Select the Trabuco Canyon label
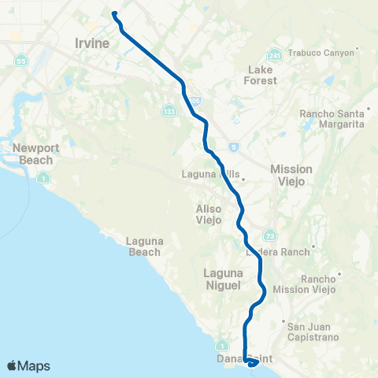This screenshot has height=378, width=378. coord(325,53)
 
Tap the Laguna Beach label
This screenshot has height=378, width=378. coord(143,246)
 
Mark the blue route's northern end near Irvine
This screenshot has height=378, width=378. coord(114,13)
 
